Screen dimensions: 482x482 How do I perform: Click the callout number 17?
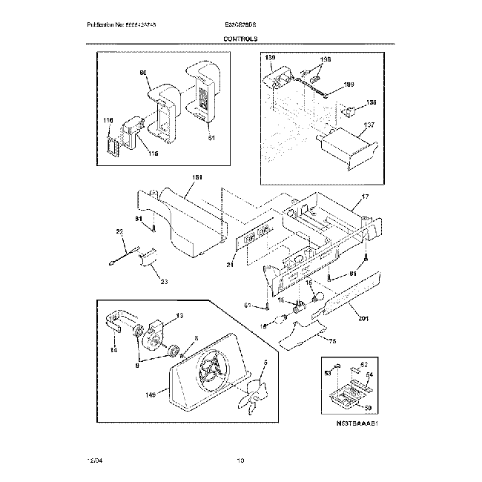click(x=364, y=197)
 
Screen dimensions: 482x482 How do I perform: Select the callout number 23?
click(x=164, y=281)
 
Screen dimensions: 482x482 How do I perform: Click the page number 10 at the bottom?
click(x=240, y=462)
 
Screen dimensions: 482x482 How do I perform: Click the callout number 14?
click(x=113, y=351)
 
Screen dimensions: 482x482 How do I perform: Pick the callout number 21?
click(x=231, y=265)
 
